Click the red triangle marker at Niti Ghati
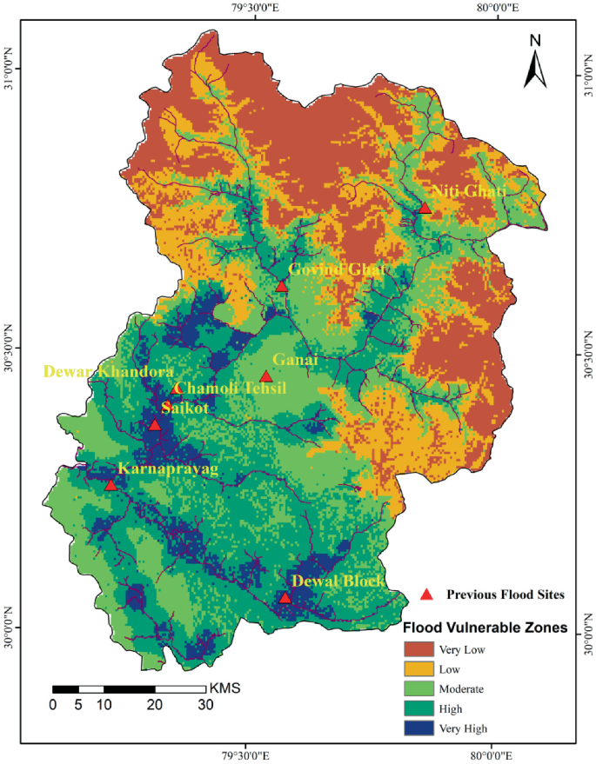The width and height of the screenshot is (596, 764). coord(425,209)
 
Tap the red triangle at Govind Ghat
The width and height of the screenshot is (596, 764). coord(281,287)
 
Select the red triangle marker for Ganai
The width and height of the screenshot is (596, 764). coord(266,377)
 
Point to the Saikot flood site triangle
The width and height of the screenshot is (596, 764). coord(155,425)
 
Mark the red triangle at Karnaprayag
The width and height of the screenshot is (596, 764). coord(110,485)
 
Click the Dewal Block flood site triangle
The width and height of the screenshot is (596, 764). coord(285,597)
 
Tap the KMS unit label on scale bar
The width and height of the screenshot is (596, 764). coord(224,688)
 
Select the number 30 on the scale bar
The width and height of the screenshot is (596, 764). coord(206,705)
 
